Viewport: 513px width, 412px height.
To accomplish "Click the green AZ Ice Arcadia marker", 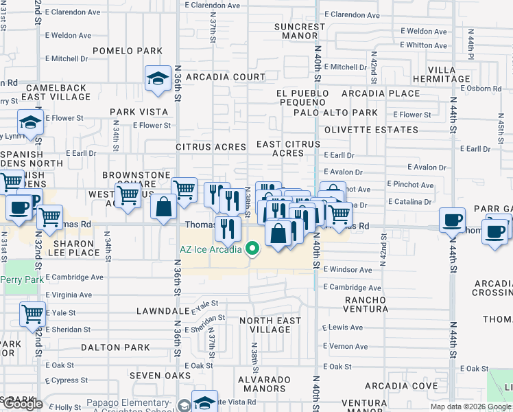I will [252, 249].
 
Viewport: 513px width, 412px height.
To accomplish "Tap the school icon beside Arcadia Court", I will [158, 79].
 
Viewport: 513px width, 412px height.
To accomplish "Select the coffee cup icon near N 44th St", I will [452, 221].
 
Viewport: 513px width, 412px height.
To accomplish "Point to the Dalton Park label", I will [110, 348].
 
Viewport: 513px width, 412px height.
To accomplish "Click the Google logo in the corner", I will [23, 404].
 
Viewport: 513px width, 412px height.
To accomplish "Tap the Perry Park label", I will [22, 280].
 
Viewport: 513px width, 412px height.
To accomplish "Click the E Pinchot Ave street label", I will [410, 185].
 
